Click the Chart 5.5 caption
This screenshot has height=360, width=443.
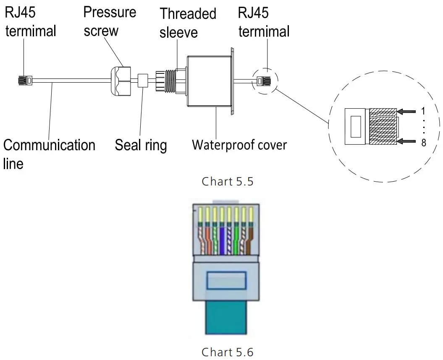228,182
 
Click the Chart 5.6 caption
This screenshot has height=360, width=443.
228,352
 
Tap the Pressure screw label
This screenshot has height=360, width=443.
110,21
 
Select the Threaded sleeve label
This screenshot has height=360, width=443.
188,23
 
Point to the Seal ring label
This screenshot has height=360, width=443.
141,146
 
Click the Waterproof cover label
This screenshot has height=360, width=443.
239,145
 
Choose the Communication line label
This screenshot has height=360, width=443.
49,154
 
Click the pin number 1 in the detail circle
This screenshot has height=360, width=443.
423,111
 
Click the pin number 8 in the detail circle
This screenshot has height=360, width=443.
424,143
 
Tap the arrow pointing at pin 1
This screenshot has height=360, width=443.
406,112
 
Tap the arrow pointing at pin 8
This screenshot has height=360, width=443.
406,141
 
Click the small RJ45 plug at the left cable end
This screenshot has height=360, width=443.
25,81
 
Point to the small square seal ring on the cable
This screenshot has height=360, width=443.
143,81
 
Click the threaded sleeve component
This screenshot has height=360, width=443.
166,81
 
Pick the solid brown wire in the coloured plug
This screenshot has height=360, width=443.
249,240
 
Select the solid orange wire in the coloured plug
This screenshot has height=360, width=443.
208,240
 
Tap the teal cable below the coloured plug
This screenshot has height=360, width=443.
226,318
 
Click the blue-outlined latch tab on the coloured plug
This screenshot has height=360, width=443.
226,280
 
